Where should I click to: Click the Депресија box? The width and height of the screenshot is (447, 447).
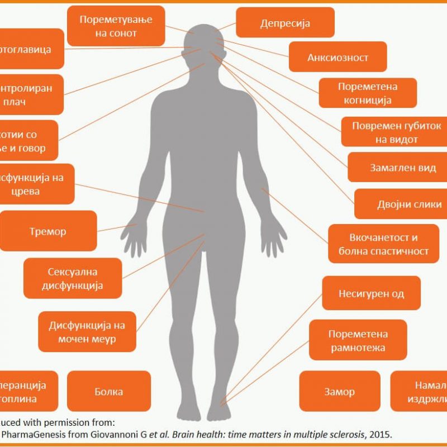click(x=285, y=23)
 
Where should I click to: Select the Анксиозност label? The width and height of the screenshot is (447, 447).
click(x=337, y=58)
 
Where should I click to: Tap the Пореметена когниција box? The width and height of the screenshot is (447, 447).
click(x=367, y=93)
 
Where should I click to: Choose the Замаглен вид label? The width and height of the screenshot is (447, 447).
click(x=395, y=167)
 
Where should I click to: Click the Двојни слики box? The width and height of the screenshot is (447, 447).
click(x=400, y=205)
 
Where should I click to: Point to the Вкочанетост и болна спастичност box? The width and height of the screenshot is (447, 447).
click(x=383, y=244)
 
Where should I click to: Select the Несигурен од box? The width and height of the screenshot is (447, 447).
click(x=371, y=293)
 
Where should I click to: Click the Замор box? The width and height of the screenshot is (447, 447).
click(x=339, y=392)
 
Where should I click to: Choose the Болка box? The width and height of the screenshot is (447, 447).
click(x=109, y=392)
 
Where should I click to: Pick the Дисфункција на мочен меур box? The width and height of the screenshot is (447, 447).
click(x=87, y=332)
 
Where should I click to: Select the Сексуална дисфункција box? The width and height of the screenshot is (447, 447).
click(x=73, y=278)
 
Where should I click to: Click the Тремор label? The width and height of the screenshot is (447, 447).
click(x=48, y=231)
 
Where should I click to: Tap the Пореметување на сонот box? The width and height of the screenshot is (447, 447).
click(x=116, y=26)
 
